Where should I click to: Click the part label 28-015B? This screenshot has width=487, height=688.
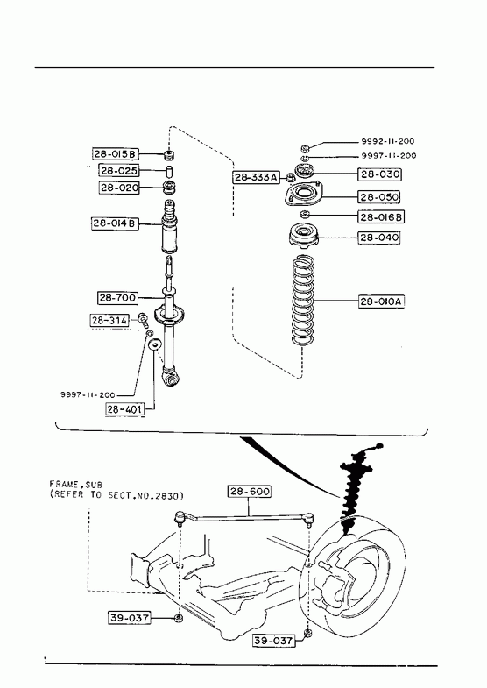(116, 154)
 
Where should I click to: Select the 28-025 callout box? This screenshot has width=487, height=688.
(119, 170)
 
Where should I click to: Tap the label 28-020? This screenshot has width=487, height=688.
(119, 188)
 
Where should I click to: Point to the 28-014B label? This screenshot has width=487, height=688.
(115, 223)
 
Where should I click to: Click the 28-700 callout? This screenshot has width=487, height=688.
(117, 298)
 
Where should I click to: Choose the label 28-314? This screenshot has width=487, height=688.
(109, 321)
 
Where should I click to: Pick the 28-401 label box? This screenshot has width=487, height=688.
(125, 409)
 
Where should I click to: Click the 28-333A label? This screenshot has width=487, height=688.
(256, 177)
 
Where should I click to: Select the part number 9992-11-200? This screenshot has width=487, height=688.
(388, 141)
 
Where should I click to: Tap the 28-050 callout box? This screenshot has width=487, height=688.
(379, 197)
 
